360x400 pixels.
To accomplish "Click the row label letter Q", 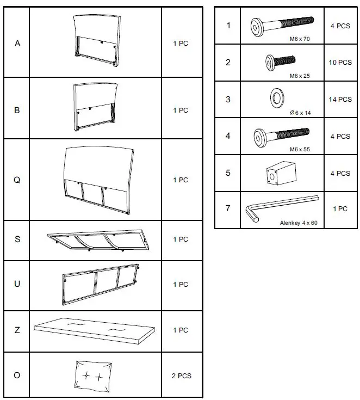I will coord(17,180).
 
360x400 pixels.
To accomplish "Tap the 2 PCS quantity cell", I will coord(181,376).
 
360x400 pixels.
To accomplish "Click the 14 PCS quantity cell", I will coord(340,100).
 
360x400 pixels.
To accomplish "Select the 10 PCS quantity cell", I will coord(340,63).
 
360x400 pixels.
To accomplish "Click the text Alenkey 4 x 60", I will coord(299,223).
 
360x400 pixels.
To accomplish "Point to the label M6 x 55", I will coord(300,149).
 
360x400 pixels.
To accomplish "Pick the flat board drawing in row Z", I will coord(95,330).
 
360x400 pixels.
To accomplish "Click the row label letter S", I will coord(17,239).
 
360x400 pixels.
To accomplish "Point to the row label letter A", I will coord(17,44).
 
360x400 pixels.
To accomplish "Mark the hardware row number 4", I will coord(228,136).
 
